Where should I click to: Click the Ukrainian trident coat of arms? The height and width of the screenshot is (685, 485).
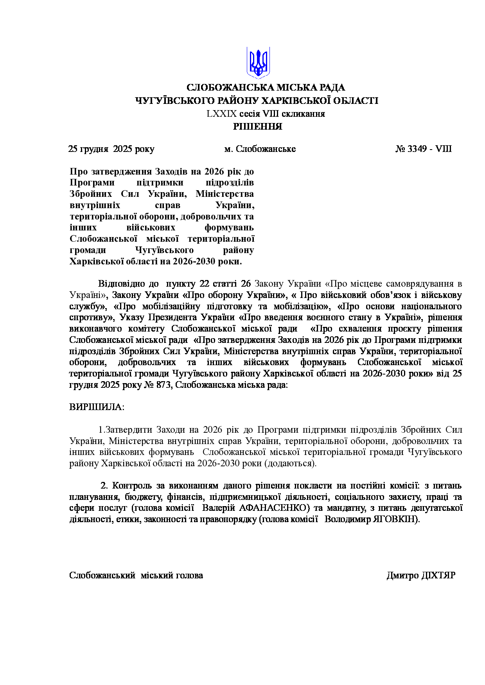[258, 63]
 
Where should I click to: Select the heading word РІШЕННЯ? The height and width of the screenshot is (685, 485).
[258, 127]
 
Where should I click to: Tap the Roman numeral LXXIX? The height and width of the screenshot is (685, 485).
[222, 114]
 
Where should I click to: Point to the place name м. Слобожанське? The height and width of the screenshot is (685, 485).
[260, 149]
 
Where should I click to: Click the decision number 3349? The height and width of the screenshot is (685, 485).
[417, 149]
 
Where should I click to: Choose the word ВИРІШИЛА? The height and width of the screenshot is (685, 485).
[97, 407]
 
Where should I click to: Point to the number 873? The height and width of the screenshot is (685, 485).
[163, 385]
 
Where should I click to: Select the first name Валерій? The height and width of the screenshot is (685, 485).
[219, 508]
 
